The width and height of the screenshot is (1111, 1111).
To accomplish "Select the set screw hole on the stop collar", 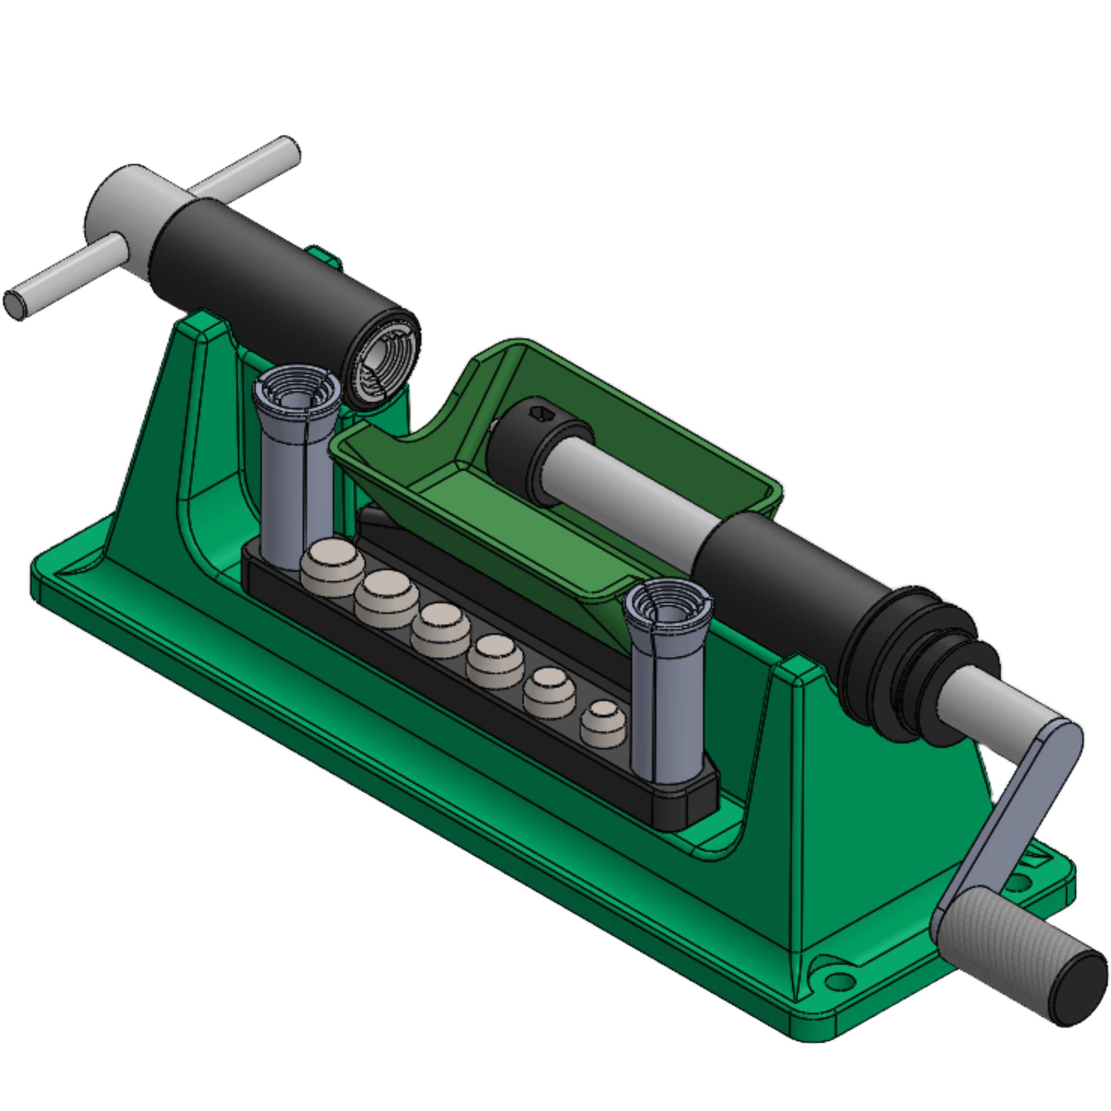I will coord(542,413).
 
